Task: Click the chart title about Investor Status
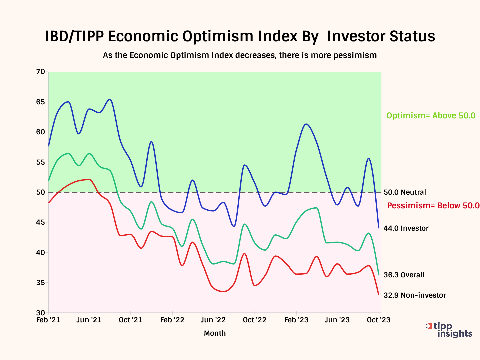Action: coord(240,36)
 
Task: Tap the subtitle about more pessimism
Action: coord(240,55)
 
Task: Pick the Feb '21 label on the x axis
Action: coord(48,320)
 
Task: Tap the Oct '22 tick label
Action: coord(255,320)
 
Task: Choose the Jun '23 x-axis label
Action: coord(337,320)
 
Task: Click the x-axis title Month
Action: coord(215,333)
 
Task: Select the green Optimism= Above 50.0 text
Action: coord(431,116)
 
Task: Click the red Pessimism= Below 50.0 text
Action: coord(433,206)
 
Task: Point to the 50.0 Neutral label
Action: coord(405,192)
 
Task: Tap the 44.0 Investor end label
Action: coord(406,228)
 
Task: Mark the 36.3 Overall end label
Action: coord(404,275)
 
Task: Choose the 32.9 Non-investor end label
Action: coord(415,295)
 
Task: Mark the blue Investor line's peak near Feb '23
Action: coord(306,124)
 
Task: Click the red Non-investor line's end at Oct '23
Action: coord(379,295)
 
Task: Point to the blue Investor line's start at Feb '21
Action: coord(49,146)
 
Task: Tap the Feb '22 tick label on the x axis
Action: coord(172,320)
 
